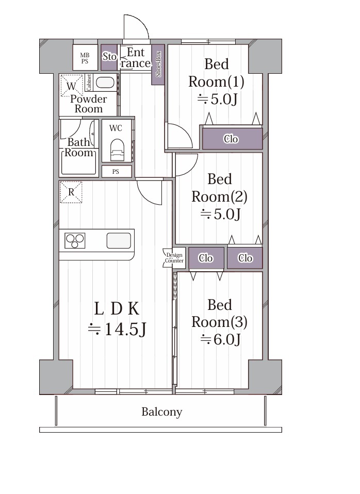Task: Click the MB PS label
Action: pos(85,59)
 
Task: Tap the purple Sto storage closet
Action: pos(109,57)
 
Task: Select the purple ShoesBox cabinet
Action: pos(158,64)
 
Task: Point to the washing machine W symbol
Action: pos(71,86)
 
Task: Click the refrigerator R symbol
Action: pos(71,192)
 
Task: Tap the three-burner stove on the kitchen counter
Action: pos(75,241)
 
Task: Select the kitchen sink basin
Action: pos(119,241)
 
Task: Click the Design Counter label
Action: pos(174,258)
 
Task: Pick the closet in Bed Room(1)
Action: pos(232,138)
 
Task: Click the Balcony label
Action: pos(162,412)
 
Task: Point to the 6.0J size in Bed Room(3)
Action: pos(221,339)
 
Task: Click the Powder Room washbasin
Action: pos(105,83)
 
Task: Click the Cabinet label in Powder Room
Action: pos(89,83)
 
